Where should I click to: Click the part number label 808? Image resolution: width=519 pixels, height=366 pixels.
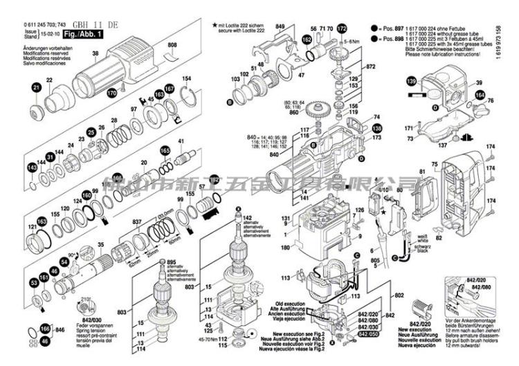click(x=173, y=45)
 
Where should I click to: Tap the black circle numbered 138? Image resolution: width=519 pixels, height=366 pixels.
click(x=376, y=129)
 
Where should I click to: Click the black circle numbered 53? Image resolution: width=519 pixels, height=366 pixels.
click(x=33, y=282)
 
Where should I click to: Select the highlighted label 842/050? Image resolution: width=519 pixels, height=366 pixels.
click(x=369, y=333)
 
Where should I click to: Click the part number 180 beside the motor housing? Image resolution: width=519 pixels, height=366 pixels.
click(x=284, y=247)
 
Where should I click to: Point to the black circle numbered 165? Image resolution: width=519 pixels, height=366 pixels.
click(x=165, y=151)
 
